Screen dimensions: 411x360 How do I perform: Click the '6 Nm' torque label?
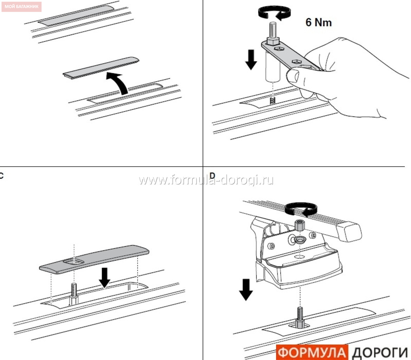[319, 22]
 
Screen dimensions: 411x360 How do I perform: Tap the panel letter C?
[1, 175]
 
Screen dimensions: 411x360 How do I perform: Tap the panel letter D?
[212, 175]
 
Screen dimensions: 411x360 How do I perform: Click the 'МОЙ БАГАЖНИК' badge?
[21, 7]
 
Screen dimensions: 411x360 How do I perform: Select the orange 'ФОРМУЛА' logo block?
[312, 352]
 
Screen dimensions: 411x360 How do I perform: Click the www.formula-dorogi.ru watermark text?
[206, 180]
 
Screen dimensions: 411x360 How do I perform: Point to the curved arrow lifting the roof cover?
[118, 82]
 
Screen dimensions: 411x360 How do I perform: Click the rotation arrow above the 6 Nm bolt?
[275, 13]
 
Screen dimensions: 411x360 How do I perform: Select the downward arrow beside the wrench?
[251, 59]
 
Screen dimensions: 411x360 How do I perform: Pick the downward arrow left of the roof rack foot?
[246, 290]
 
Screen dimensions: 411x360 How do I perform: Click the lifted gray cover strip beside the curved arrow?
[101, 68]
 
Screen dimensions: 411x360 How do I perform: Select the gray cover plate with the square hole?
[94, 259]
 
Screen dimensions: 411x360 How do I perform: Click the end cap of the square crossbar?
[350, 231]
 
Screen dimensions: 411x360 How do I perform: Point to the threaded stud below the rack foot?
[300, 317]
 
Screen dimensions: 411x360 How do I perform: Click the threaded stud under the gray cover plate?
[74, 294]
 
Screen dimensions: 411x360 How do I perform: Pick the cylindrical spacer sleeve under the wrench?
[273, 66]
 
